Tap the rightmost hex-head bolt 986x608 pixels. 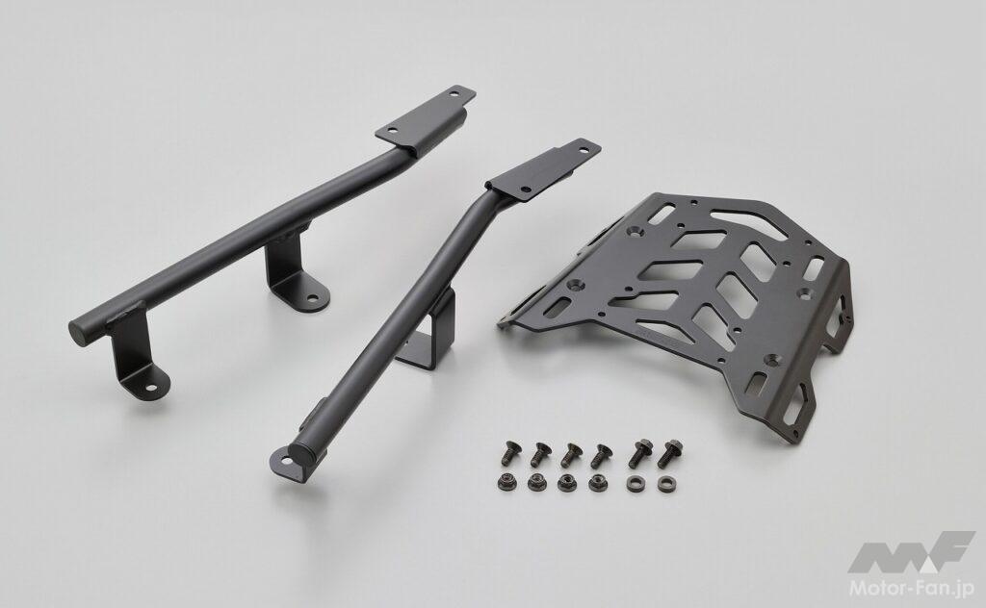coord(669,453)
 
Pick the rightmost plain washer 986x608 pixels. coord(664,484)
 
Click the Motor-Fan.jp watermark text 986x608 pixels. coord(912,588)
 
